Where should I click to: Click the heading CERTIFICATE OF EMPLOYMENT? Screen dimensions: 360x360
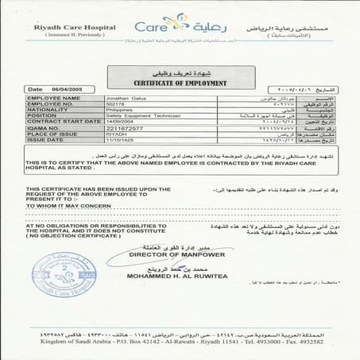coord(180,83)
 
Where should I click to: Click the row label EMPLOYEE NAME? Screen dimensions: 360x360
coord(49,98)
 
